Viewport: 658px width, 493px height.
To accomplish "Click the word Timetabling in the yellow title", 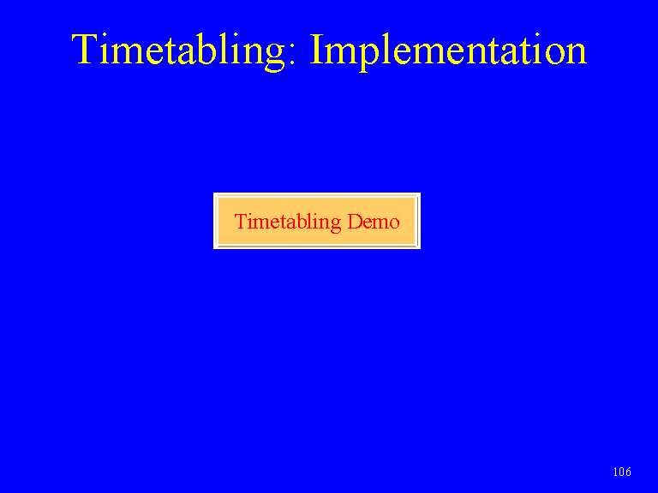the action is click(179, 51).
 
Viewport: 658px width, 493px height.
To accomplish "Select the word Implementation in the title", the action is click(448, 51).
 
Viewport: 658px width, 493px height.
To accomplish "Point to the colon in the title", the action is click(292, 55).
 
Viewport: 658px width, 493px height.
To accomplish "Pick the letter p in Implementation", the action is click(370, 57).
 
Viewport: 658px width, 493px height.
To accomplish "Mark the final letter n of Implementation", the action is click(577, 54).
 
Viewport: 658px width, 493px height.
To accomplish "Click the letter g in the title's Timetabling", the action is click(275, 58).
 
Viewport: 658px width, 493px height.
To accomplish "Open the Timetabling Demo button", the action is click(317, 221).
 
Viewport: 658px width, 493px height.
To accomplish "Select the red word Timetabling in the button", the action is click(288, 222).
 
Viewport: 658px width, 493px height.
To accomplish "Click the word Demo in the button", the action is click(374, 222).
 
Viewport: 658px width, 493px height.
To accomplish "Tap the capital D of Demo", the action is click(355, 222).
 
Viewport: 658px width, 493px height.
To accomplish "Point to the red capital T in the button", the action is click(241, 222).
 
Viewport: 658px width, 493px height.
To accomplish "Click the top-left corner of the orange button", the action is click(214, 193).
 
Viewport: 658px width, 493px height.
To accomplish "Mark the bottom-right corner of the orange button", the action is click(420, 248).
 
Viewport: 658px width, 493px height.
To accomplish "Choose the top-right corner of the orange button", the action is click(420, 193).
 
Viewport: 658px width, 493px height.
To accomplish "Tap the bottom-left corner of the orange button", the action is click(214, 248).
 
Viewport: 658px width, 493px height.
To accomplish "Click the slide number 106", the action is click(622, 472).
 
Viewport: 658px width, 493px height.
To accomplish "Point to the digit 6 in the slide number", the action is click(628, 472).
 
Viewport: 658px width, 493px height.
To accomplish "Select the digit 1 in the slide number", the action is click(615, 472).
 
